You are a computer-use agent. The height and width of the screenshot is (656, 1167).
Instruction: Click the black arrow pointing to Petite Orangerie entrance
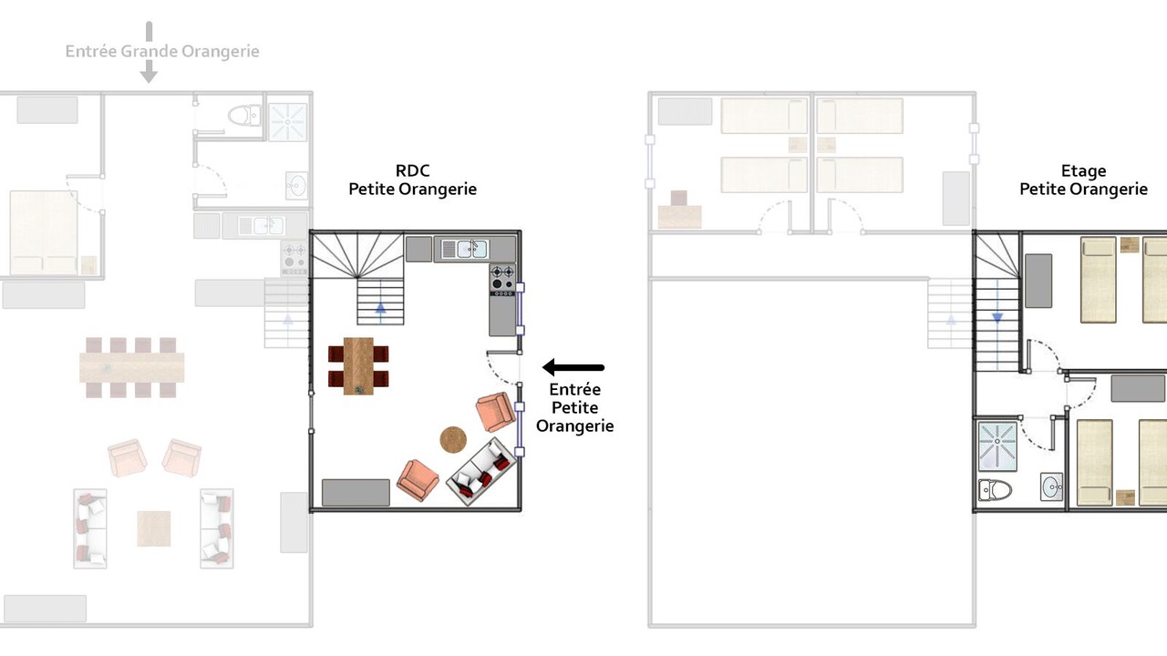[573, 367]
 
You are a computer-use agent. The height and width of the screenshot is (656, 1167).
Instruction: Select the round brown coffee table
[453, 440]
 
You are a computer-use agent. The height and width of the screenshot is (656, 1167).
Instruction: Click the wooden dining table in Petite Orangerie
[358, 366]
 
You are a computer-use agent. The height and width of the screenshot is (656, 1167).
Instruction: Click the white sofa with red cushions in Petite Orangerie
[481, 472]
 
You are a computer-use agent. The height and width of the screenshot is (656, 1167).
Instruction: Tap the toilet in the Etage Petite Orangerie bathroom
[995, 490]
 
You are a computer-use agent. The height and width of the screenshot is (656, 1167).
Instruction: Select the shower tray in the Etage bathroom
[997, 446]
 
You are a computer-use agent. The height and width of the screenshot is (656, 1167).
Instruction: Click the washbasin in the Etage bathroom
[1051, 487]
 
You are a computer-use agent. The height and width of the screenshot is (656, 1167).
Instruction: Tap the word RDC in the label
[413, 170]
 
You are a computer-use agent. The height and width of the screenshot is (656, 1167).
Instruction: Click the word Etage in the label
[1084, 170]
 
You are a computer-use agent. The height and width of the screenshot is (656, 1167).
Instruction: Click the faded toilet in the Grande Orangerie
[245, 116]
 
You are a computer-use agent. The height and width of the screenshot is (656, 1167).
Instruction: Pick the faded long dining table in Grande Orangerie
[132, 367]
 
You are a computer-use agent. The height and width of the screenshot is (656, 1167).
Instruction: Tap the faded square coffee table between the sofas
[154, 528]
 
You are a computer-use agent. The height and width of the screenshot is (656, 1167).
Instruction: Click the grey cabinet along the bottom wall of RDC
[356, 493]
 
